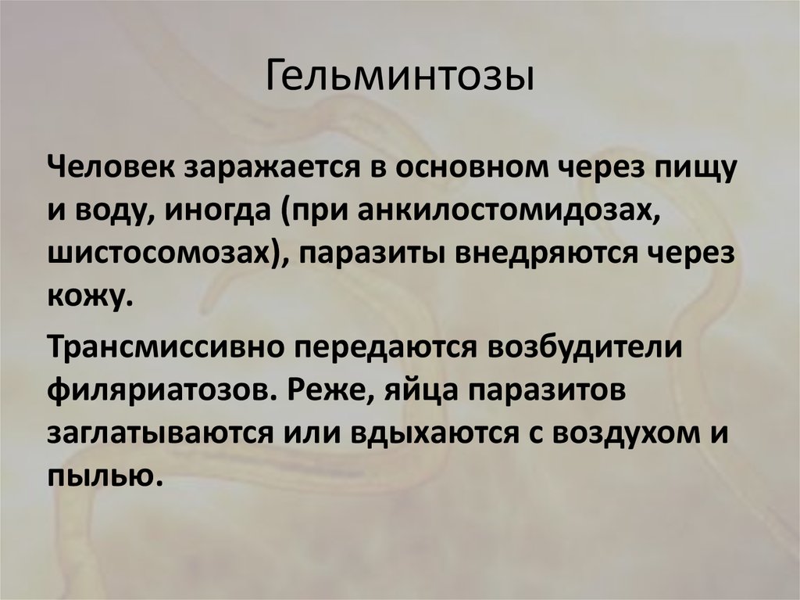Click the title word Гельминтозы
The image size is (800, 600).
pyautogui.click(x=400, y=80)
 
